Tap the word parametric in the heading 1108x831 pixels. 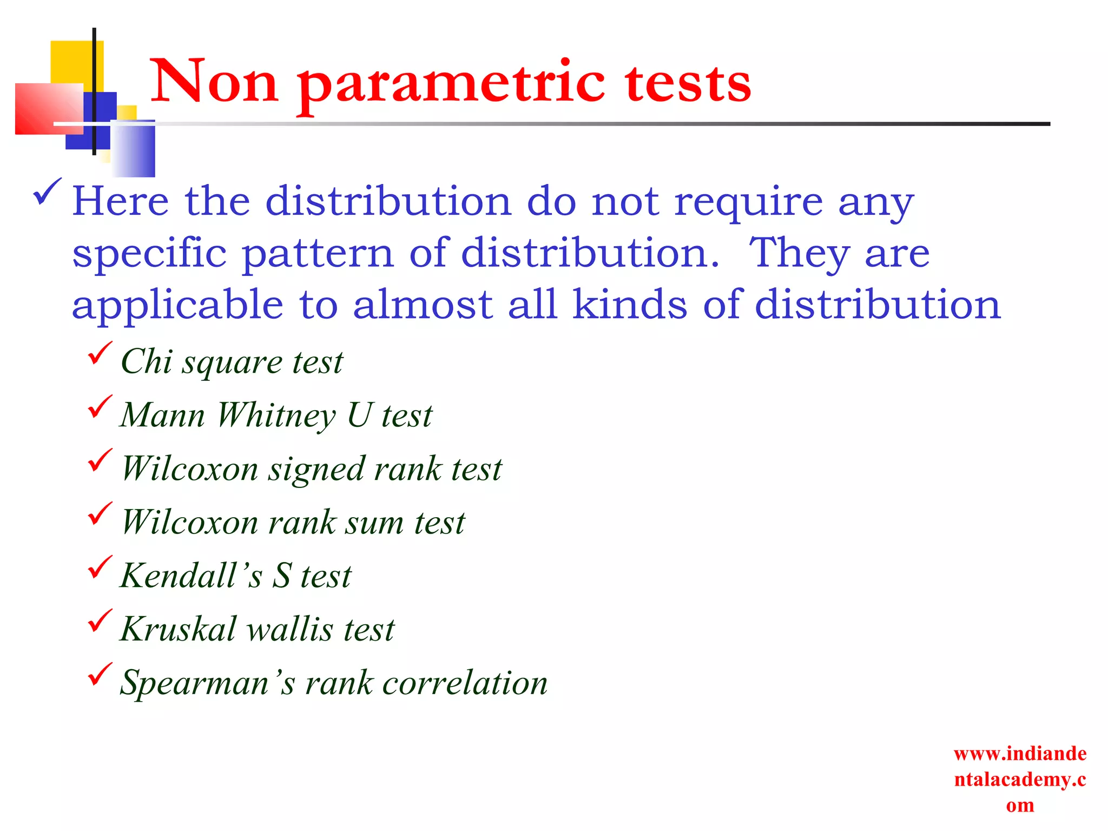coord(451,84)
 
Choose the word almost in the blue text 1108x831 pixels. coord(423,305)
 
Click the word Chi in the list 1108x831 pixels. coord(146,361)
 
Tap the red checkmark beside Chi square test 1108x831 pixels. coord(100,353)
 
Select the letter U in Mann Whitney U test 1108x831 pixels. coord(359,415)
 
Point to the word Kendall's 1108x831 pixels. coord(190,575)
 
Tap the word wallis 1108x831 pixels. coord(290,629)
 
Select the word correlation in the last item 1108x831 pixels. coord(465,682)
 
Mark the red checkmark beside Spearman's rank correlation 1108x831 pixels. coord(100,674)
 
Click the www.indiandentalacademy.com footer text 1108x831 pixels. coord(1020,779)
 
